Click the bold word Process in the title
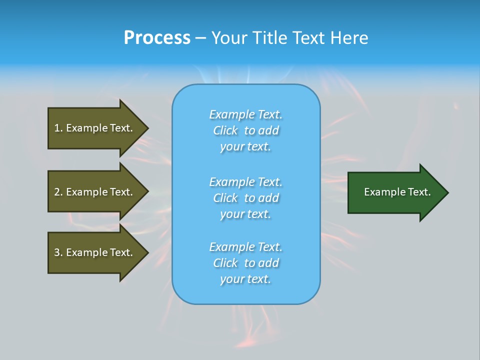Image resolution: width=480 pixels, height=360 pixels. pyautogui.click(x=157, y=38)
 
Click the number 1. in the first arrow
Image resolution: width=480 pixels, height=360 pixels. pyautogui.click(x=58, y=128)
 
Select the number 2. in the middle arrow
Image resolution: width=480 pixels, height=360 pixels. pyautogui.click(x=58, y=192)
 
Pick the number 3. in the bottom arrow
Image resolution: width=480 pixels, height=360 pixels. pyautogui.click(x=58, y=252)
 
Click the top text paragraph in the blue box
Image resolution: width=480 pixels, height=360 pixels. pyautogui.click(x=246, y=130)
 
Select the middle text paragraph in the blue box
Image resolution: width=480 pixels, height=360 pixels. pyautogui.click(x=246, y=198)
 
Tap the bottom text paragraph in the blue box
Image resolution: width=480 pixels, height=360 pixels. pyautogui.click(x=246, y=263)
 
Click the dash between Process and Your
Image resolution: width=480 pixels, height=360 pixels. pyautogui.click(x=200, y=38)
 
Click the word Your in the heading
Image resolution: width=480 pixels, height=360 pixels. pyautogui.click(x=231, y=38)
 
